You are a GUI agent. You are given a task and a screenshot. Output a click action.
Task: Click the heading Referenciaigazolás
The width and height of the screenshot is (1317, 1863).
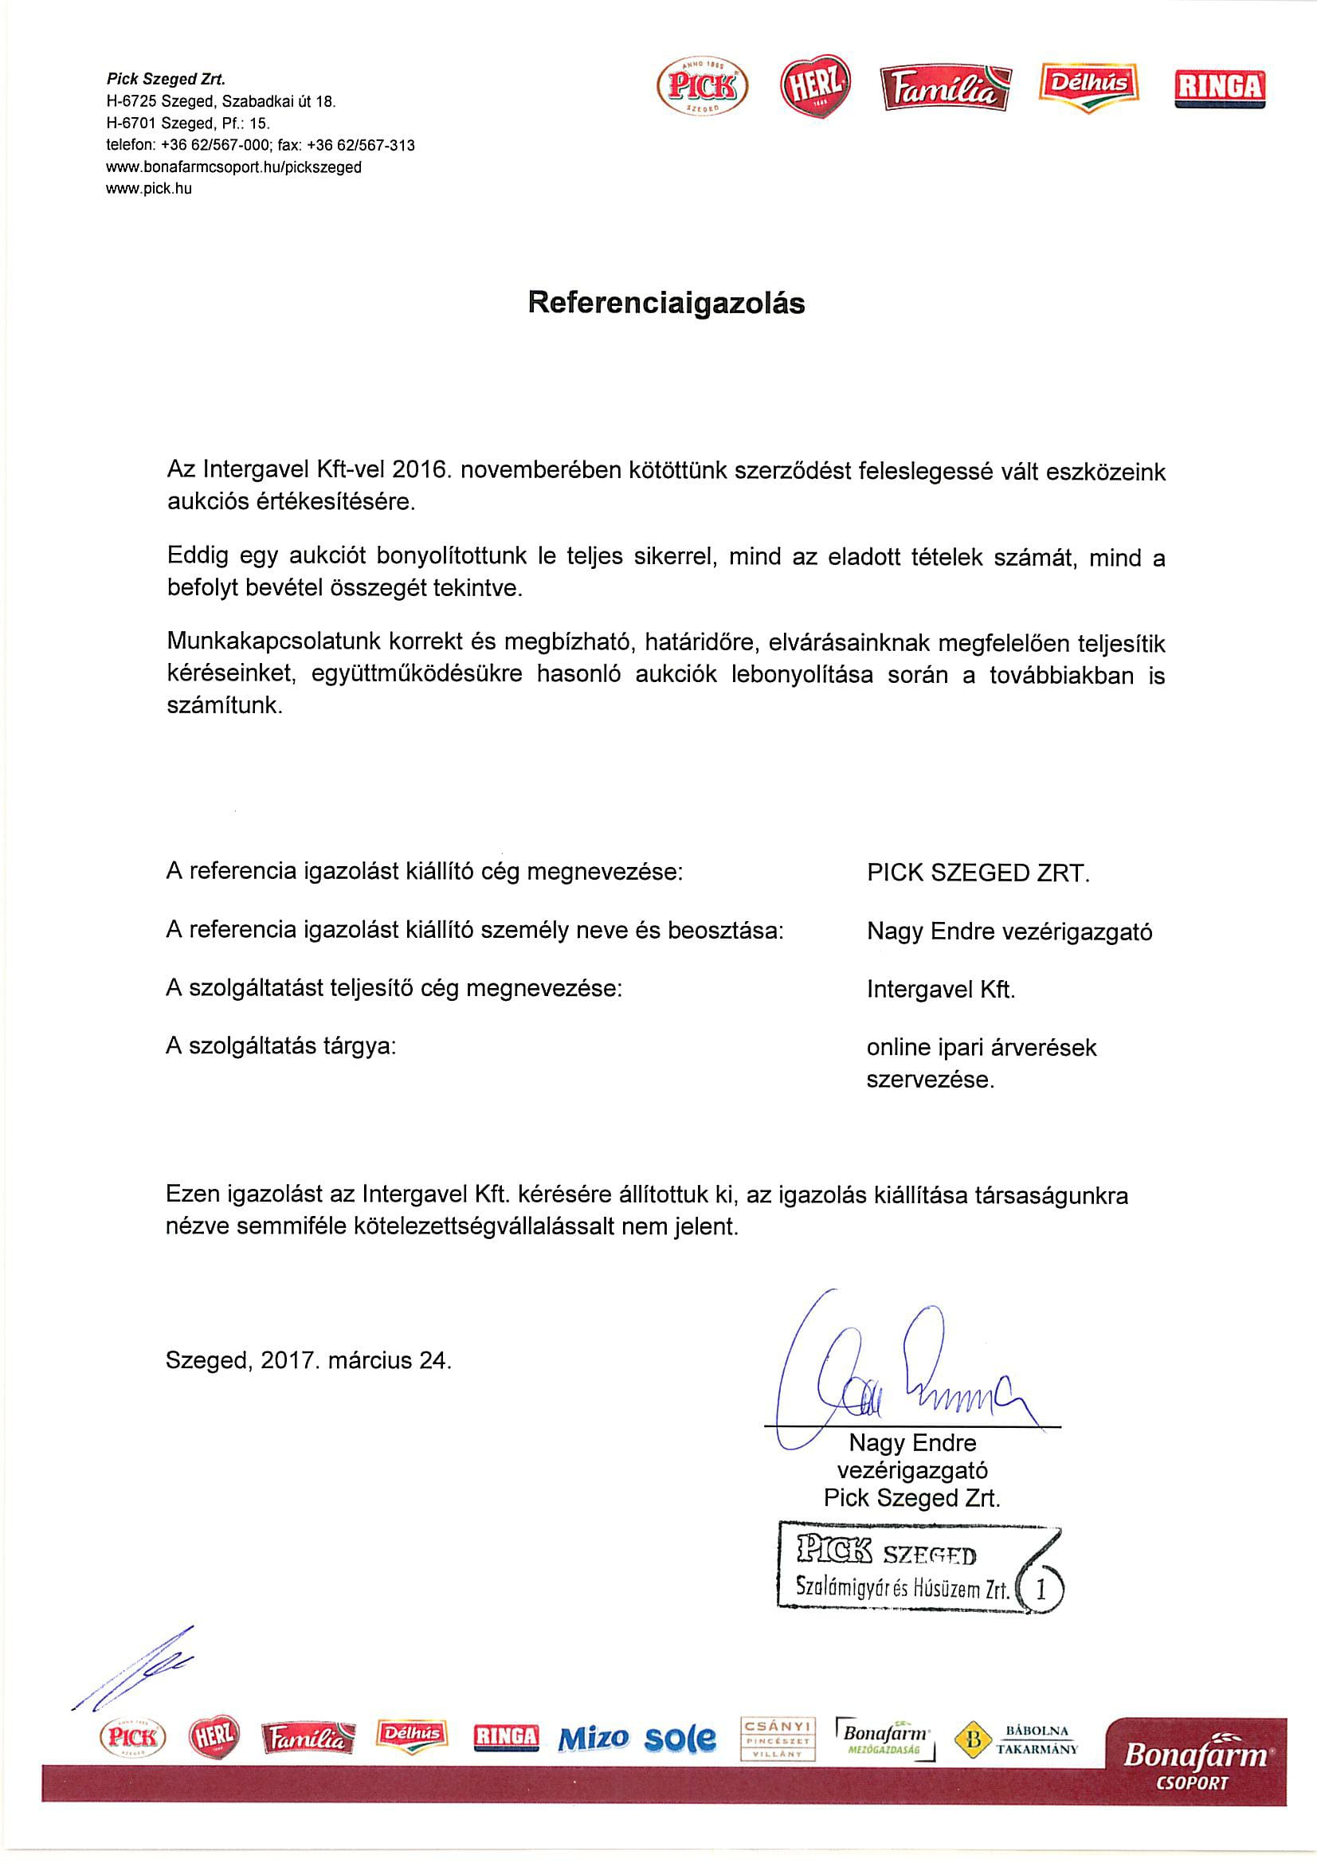click(665, 303)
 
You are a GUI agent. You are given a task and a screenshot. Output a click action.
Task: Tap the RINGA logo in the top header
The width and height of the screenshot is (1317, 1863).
click(1219, 88)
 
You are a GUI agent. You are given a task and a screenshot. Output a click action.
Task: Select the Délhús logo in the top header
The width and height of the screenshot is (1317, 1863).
click(1088, 86)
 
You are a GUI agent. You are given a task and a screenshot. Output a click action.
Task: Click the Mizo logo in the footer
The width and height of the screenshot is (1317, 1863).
click(594, 1737)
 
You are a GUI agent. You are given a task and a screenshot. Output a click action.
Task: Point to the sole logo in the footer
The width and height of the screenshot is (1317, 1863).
click(680, 1737)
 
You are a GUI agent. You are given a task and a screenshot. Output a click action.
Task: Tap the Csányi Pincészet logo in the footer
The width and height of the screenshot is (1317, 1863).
click(778, 1736)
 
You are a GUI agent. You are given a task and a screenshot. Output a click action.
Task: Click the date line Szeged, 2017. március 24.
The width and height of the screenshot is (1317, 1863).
click(308, 1360)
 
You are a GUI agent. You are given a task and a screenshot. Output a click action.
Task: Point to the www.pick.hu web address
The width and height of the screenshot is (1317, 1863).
click(149, 189)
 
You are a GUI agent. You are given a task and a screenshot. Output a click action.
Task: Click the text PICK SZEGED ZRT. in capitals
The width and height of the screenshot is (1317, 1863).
click(978, 873)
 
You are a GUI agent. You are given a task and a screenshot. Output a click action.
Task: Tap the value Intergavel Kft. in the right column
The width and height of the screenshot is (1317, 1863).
click(940, 989)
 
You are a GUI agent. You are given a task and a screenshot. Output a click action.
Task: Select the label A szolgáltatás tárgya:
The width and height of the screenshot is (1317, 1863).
click(280, 1046)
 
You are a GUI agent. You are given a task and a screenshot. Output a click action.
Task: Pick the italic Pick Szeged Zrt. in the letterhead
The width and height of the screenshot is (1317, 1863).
click(166, 79)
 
